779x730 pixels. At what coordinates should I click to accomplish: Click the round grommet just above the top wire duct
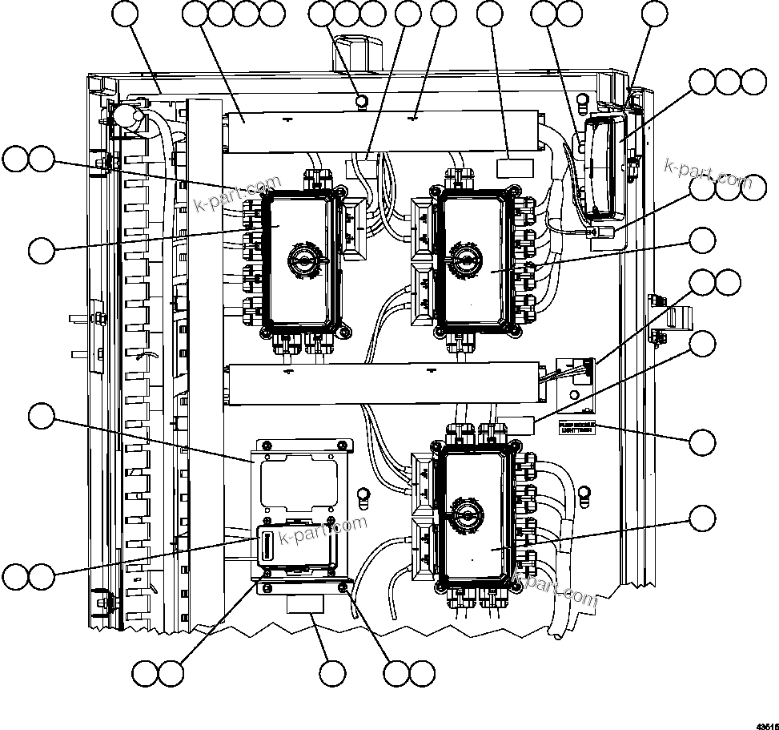coord(361,100)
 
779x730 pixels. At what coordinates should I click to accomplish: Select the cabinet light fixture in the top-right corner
coord(604,166)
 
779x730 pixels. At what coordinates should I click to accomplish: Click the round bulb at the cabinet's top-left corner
coord(126,117)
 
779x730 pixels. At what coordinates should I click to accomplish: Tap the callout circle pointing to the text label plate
coord(703,442)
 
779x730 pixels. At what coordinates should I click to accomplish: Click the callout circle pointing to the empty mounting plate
coord(41,415)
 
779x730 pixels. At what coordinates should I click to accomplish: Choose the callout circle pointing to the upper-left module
coord(41,250)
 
